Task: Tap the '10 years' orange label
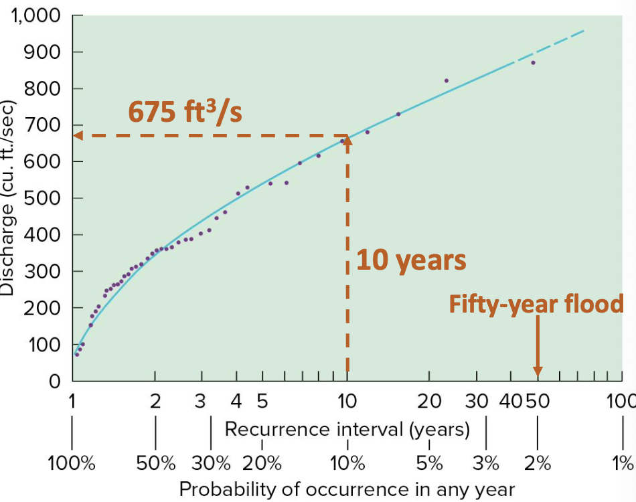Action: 411,260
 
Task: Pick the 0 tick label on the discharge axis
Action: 56,382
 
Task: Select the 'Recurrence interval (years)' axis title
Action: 347,428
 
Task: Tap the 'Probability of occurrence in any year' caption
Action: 347,489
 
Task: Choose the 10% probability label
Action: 347,463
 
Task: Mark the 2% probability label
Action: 537,463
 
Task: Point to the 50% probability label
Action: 156,463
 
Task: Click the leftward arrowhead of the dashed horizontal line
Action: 78,135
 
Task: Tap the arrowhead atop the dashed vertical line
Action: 347,141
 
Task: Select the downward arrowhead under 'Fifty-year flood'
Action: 537,371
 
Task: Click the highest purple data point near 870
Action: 533,63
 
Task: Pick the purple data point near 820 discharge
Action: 447,81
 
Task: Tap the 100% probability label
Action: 71,463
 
